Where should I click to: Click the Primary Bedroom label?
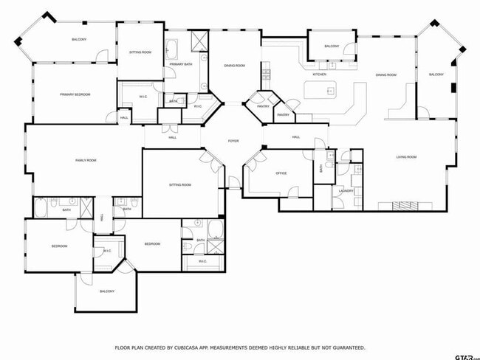(x=75, y=94)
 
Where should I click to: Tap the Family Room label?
(x=86, y=160)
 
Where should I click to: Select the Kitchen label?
(x=319, y=75)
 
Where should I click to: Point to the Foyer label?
(x=233, y=140)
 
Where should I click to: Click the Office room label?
(x=281, y=173)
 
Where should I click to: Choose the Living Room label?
(x=406, y=156)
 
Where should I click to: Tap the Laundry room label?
(x=346, y=190)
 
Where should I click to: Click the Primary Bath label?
(x=181, y=65)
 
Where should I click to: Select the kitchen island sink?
(x=330, y=91)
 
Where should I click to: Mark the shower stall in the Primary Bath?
(x=199, y=41)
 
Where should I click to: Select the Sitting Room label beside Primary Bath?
(x=140, y=52)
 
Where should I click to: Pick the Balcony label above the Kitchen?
(x=332, y=46)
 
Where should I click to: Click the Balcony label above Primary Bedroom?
(x=79, y=39)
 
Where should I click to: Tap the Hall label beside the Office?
(x=295, y=137)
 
